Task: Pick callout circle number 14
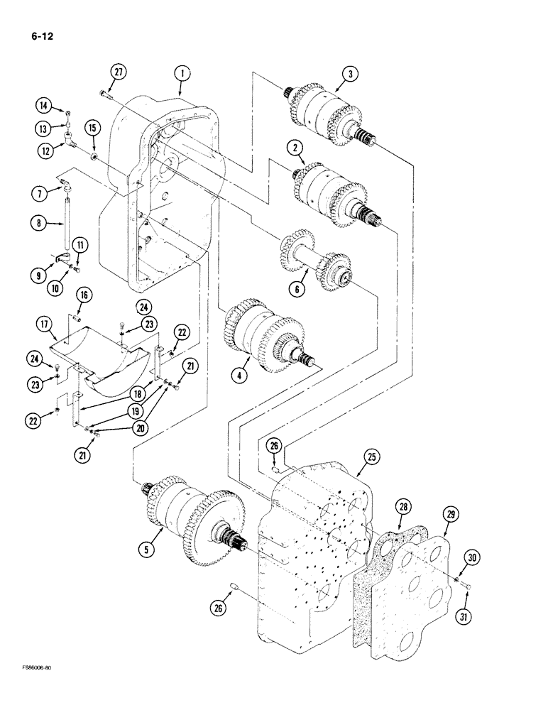pyautogui.click(x=44, y=105)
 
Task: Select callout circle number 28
pyautogui.click(x=402, y=506)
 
